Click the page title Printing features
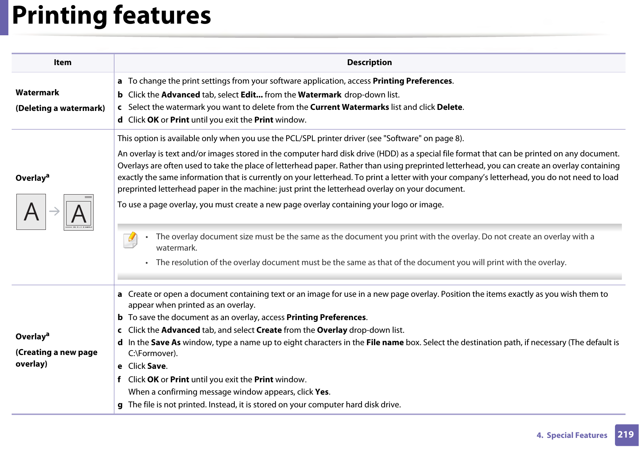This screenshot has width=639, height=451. (111, 15)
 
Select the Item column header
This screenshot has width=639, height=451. (63, 63)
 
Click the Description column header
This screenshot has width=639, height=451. (369, 63)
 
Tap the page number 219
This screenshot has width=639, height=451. (626, 435)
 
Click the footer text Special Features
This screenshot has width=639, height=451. (577, 435)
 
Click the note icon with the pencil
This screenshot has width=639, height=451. (130, 240)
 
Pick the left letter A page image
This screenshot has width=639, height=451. (31, 212)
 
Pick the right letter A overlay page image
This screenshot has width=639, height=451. (79, 212)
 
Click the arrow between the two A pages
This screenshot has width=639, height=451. (55, 211)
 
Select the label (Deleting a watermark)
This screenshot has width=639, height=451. (60, 108)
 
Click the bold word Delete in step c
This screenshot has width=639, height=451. (449, 107)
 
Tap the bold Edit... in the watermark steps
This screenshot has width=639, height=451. (252, 95)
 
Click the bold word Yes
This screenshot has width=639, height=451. (322, 392)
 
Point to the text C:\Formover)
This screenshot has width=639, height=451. (153, 354)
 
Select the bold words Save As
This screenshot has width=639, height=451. (166, 343)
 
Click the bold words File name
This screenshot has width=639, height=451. (385, 343)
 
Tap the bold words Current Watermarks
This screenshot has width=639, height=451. (350, 107)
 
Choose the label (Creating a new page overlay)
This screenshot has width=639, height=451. (56, 358)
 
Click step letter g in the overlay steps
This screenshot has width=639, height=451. (120, 405)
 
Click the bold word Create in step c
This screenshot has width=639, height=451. (269, 330)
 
